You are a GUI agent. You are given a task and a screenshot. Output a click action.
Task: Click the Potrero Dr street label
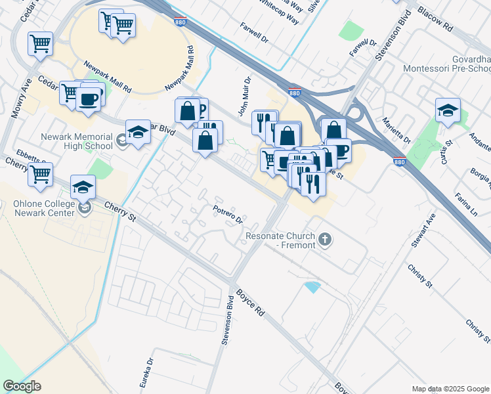coord(228,214)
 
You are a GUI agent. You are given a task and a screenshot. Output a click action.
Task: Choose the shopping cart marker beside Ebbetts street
coord(40,174)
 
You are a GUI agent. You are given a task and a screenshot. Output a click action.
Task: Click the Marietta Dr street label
coord(398,131)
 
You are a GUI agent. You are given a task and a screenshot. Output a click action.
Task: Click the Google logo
coord(22,386)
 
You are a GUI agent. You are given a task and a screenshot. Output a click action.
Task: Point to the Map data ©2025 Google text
coord(450,389)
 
